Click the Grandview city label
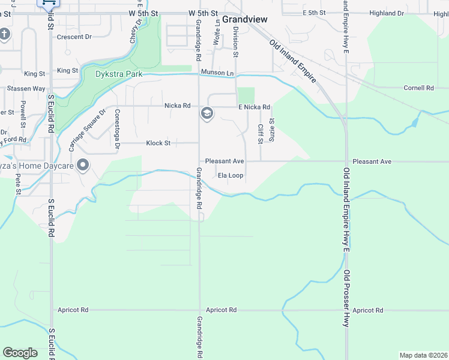click(x=245, y=19)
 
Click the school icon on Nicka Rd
click(x=207, y=113)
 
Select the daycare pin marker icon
click(x=83, y=164)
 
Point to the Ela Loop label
click(x=230, y=176)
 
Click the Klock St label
click(x=158, y=143)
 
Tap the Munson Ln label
click(x=217, y=73)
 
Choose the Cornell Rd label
click(x=418, y=88)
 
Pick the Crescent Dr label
click(x=74, y=37)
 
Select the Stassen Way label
click(x=26, y=89)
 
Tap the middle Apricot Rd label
click(x=221, y=310)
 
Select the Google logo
click(x=20, y=353)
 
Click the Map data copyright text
click(x=423, y=355)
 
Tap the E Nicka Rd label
click(x=254, y=107)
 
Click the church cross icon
click(x=4, y=34)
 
